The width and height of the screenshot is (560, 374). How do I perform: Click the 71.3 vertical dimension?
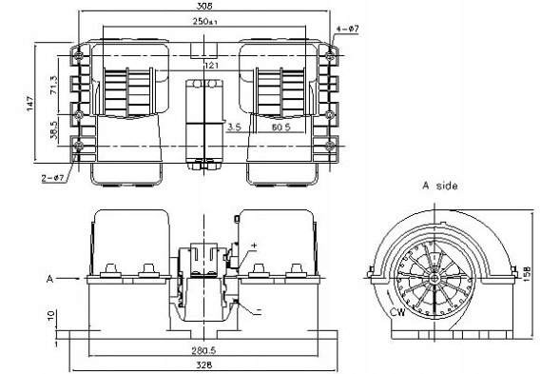pos(53,84)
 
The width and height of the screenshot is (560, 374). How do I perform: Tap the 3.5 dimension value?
pos(233,126)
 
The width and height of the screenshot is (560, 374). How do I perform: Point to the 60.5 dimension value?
pos(280,126)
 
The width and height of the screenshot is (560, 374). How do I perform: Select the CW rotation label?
pos(396,312)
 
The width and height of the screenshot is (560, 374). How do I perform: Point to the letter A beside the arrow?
pos(47,279)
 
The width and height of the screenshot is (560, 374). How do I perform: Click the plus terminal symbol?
pos(253,246)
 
